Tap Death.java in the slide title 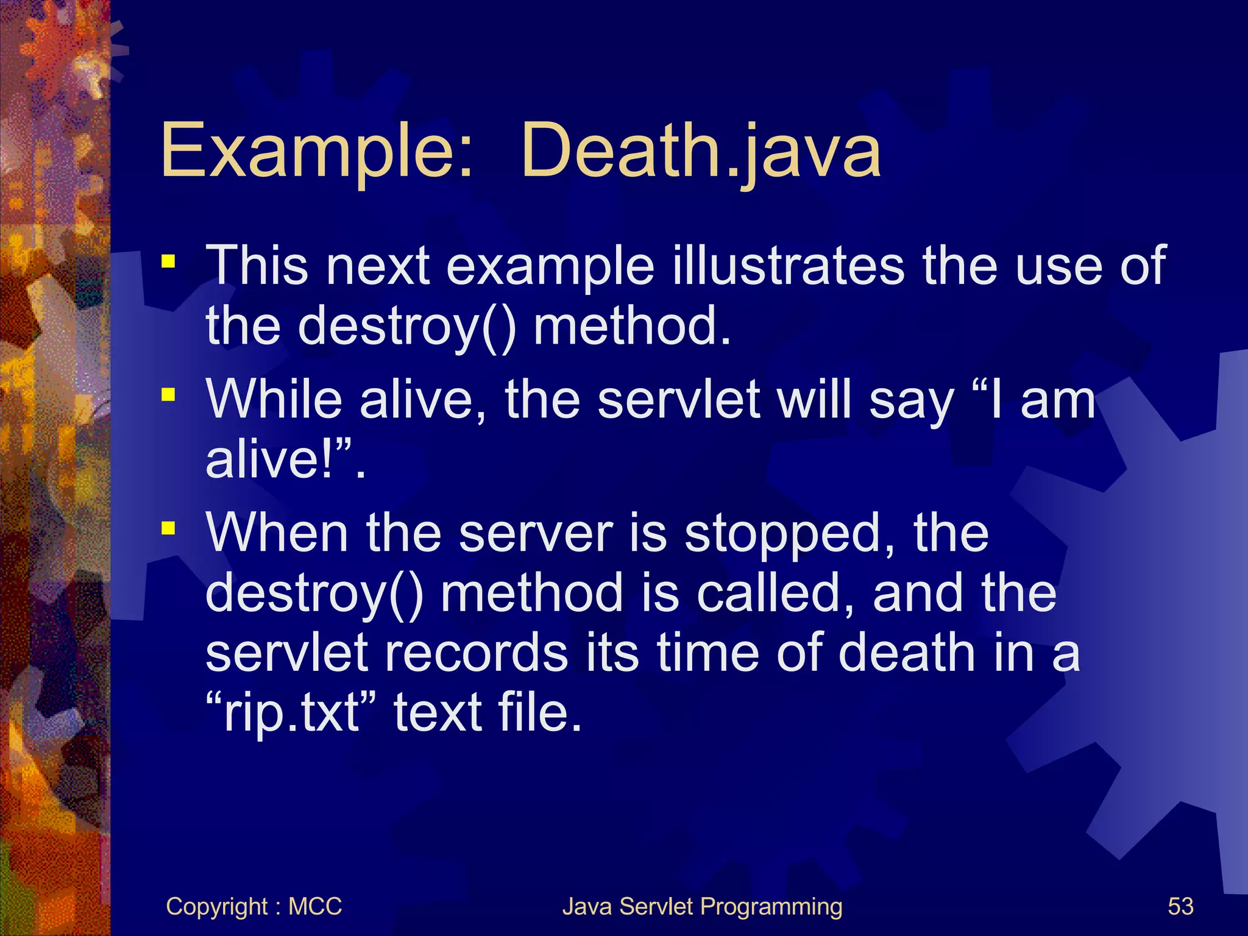[701, 151]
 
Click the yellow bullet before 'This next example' [168, 262]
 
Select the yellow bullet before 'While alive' [168, 395]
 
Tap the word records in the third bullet [476, 653]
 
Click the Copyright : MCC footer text [253, 907]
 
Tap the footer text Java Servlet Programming [702, 907]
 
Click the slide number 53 [1180, 907]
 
